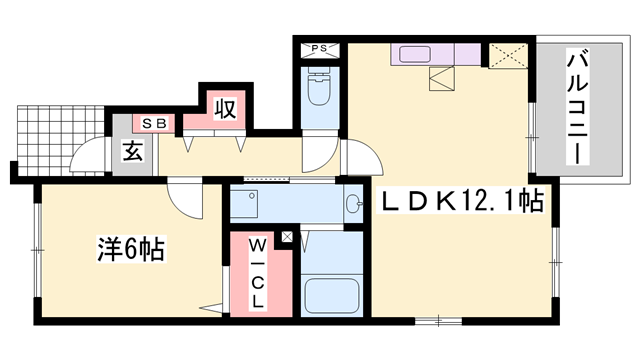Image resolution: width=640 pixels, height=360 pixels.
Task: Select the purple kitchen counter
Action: click(x=439, y=55)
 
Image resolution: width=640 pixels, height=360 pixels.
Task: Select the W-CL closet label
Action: click(x=258, y=272)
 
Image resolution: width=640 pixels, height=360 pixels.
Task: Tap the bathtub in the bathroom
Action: click(x=329, y=295)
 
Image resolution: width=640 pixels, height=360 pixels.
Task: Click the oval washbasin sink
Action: click(x=352, y=205)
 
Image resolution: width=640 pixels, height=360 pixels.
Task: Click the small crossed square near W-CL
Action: click(x=288, y=238)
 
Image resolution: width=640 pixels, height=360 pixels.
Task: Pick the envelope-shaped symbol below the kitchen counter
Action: click(x=441, y=79)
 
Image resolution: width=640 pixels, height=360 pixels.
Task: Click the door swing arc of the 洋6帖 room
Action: click(x=185, y=201)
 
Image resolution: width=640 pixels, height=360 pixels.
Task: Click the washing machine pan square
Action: click(x=245, y=204)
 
